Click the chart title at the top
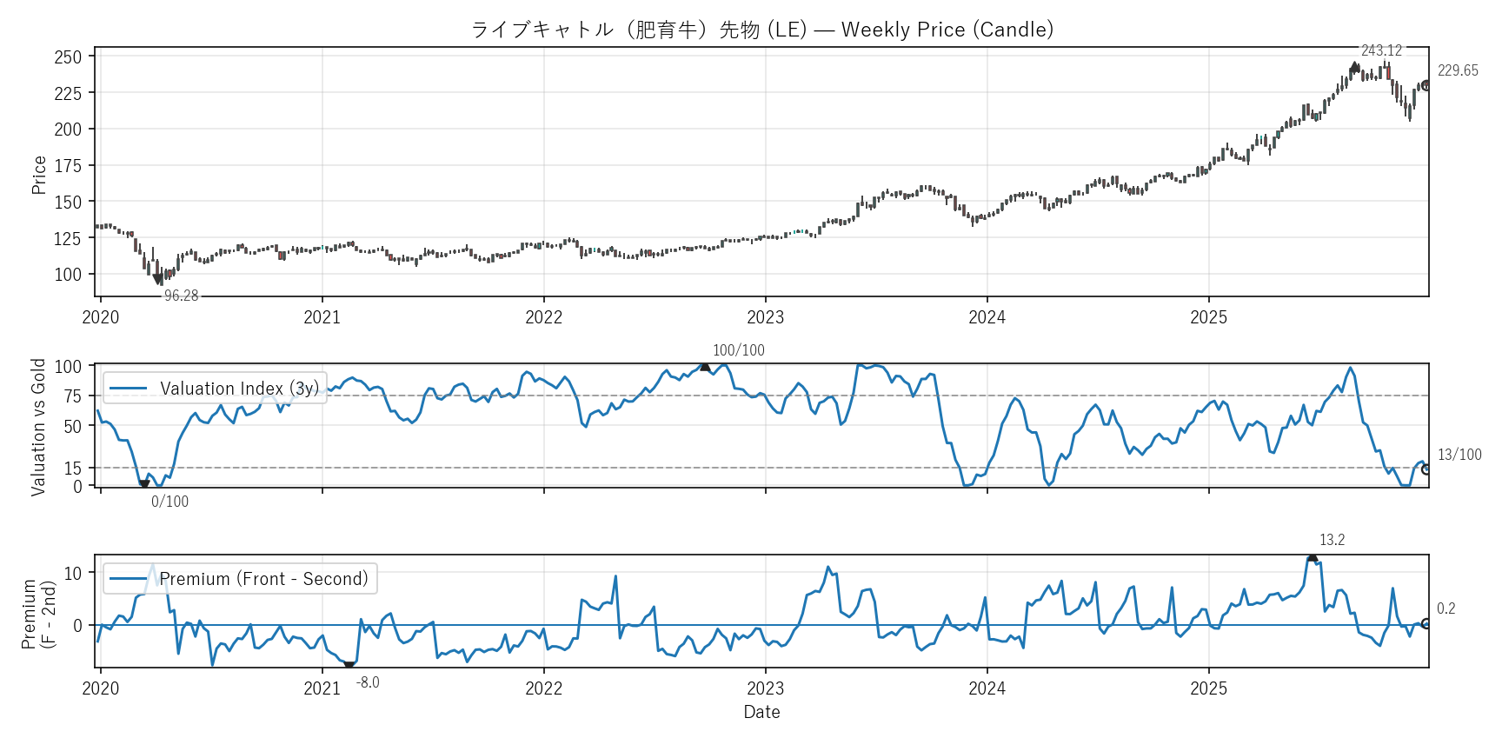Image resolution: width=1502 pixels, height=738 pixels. tap(761, 30)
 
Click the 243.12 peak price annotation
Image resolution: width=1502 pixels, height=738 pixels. tap(1381, 50)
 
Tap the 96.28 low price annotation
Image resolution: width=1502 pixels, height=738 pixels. tap(181, 296)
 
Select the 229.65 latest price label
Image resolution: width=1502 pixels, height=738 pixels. tap(1458, 70)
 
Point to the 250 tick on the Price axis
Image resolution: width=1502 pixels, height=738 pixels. tap(68, 57)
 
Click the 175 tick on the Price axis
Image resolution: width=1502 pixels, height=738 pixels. tap(68, 165)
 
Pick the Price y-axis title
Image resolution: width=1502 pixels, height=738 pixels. tap(39, 175)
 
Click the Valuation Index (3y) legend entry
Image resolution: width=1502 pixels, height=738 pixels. tap(216, 388)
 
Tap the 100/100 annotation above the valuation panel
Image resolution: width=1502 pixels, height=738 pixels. tap(739, 350)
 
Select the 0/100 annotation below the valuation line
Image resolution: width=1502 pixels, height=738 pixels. tap(169, 502)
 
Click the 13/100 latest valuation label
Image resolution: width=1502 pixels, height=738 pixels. tap(1459, 455)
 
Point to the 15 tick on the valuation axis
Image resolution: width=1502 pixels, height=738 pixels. tap(73, 468)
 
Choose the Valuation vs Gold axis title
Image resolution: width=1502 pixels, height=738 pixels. tap(38, 427)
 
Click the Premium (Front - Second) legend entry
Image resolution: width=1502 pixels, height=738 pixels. tap(241, 579)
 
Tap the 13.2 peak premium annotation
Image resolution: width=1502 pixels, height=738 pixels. tap(1332, 540)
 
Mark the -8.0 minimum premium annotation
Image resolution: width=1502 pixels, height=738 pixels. tap(368, 682)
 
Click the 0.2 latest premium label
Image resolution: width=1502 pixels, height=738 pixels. tap(1446, 608)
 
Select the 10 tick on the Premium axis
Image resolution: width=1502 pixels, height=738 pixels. tap(73, 573)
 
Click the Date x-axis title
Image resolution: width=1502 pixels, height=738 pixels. tap(761, 712)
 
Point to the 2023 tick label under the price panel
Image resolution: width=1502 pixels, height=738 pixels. tap(765, 317)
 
